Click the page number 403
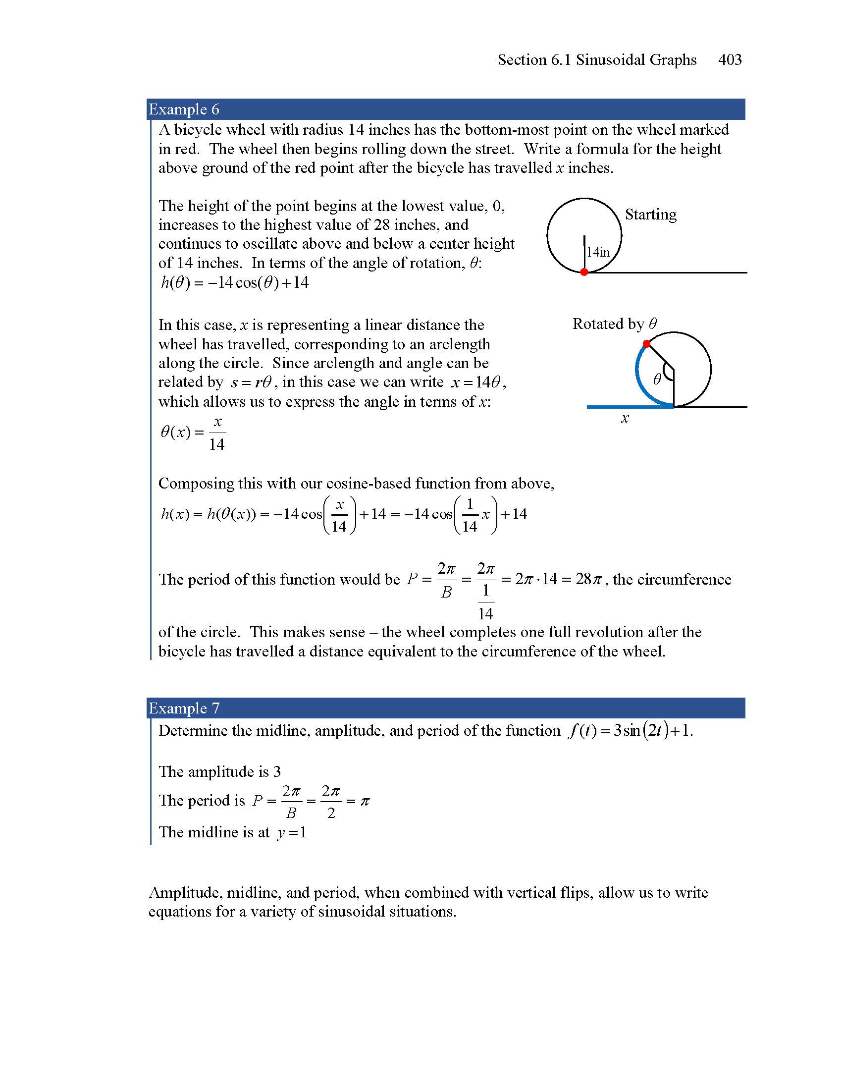coord(729,60)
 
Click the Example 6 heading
coord(184,109)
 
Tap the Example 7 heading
coord(184,708)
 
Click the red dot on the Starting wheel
coord(584,272)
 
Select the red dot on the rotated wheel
coord(646,343)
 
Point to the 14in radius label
coord(598,253)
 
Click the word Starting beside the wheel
coord(650,215)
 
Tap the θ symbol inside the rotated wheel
coord(657,380)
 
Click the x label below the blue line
coord(625,418)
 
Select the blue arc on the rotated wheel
coord(638,380)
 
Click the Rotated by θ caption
coord(614,324)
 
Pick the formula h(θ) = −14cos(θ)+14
coord(234,282)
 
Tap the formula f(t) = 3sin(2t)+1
coord(630,731)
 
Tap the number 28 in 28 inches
coord(381,224)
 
